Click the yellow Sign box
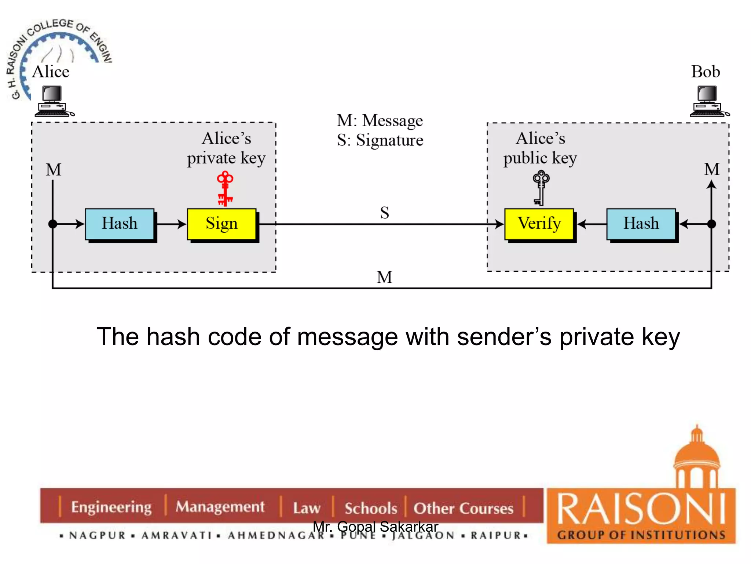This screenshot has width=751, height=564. pyautogui.click(x=221, y=224)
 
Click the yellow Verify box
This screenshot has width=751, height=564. pyautogui.click(x=539, y=224)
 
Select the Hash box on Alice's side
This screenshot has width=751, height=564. pyautogui.click(x=120, y=224)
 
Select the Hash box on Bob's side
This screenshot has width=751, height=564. pyautogui.click(x=641, y=224)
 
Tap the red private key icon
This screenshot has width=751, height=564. pyautogui.click(x=225, y=188)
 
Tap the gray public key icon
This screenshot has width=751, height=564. pyautogui.click(x=541, y=187)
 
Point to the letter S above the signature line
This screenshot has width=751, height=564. pyautogui.click(x=384, y=213)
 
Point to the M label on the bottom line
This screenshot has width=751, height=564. pyautogui.click(x=384, y=277)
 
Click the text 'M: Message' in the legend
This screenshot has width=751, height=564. pyautogui.click(x=380, y=120)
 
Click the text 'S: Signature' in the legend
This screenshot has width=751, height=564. pyautogui.click(x=380, y=140)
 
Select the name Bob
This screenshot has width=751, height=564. pyautogui.click(x=705, y=72)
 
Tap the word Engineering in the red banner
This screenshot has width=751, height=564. pyautogui.click(x=111, y=507)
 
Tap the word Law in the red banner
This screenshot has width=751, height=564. pyautogui.click(x=307, y=508)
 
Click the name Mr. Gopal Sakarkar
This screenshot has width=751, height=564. pyautogui.click(x=375, y=527)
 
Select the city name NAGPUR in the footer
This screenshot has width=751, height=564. pyautogui.click(x=98, y=535)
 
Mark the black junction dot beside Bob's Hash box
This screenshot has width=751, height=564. pyautogui.click(x=711, y=224)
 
